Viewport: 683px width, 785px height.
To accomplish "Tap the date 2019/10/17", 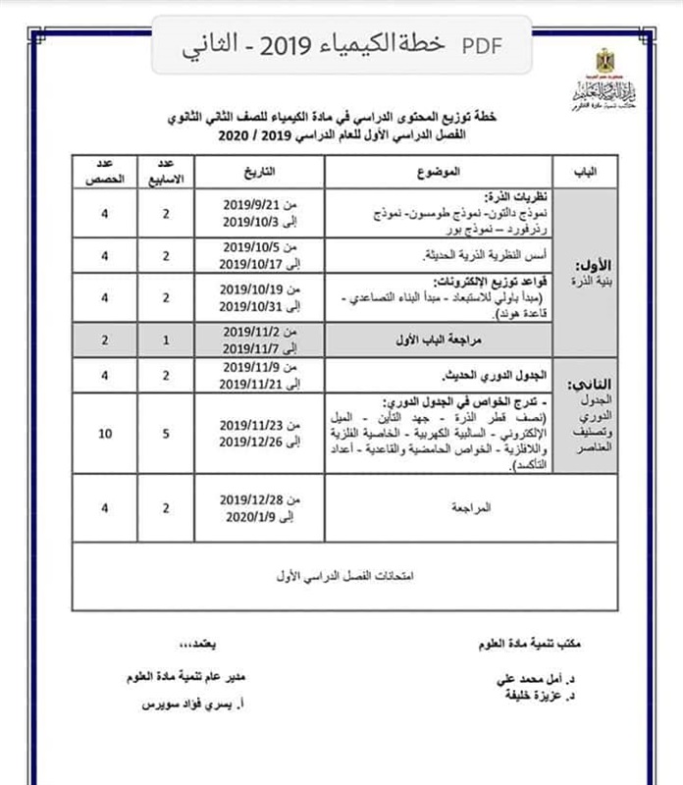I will [x=252, y=264].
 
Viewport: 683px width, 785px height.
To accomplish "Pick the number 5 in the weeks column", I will [x=167, y=433].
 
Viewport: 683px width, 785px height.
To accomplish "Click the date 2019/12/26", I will [x=252, y=442].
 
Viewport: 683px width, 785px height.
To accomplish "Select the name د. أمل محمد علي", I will [x=520, y=679].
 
